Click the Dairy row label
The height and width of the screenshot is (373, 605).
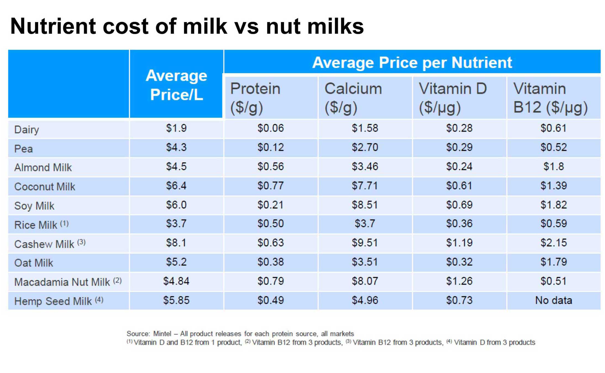click(x=26, y=129)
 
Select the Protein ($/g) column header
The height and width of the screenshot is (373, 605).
click(x=255, y=98)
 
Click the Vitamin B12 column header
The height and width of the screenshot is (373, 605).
click(x=550, y=98)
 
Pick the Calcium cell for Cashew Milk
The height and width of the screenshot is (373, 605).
click(x=365, y=243)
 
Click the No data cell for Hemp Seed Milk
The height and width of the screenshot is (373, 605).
click(x=553, y=300)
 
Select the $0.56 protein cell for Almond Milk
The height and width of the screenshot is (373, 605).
click(x=270, y=166)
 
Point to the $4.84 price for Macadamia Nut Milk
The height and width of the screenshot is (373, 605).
click(x=176, y=281)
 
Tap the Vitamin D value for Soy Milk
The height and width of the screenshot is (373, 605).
click(x=459, y=205)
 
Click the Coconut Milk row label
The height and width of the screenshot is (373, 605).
click(x=45, y=186)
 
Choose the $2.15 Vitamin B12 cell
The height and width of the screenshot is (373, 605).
click(x=553, y=243)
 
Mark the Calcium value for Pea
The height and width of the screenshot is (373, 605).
click(x=365, y=147)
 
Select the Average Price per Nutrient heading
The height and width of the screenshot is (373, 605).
click(x=412, y=62)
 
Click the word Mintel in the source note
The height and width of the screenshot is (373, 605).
click(x=162, y=334)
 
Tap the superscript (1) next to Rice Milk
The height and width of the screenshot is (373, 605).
click(x=64, y=223)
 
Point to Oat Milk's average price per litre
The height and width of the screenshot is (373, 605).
click(x=176, y=262)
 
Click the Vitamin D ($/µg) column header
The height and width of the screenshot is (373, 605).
click(x=452, y=98)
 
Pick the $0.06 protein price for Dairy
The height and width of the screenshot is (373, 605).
click(x=270, y=128)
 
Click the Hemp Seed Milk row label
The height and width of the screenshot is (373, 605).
click(x=53, y=301)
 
